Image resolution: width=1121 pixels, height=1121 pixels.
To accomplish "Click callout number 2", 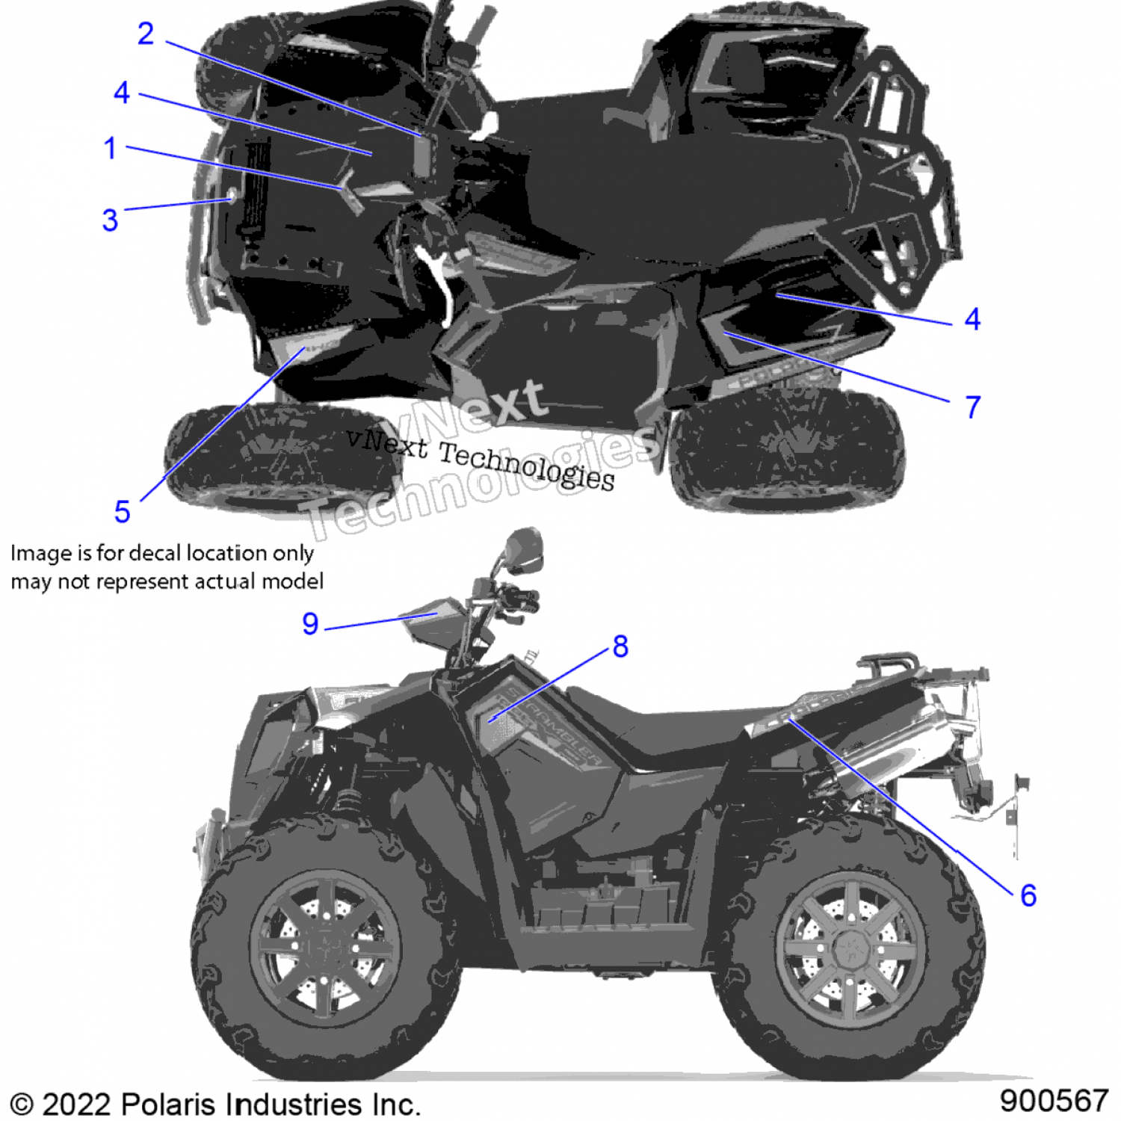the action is (146, 34).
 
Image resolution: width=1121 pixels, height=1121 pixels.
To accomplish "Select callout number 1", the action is (110, 148).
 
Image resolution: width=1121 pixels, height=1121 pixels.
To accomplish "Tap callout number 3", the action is (110, 220).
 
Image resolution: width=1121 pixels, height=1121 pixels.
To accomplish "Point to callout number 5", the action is (122, 512).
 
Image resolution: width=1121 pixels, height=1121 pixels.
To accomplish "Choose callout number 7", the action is (972, 407).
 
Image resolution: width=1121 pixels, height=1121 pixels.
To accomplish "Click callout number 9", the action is (310, 623).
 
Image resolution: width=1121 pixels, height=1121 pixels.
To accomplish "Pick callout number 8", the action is (620, 646).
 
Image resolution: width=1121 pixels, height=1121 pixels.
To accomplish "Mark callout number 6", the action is (1028, 895).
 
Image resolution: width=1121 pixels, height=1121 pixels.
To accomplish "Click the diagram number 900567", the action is (1054, 1101).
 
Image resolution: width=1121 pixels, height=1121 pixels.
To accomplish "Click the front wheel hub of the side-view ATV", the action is (326, 948).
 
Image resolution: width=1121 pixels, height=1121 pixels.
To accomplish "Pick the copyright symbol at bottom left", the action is (22, 1105).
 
